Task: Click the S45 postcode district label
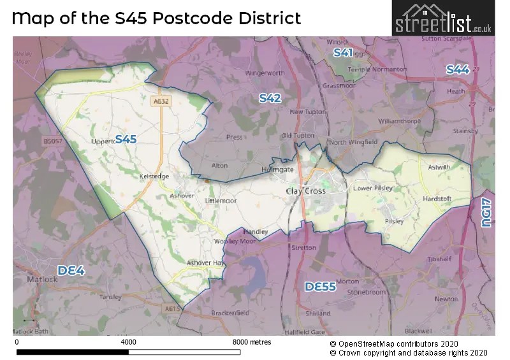pyautogui.click(x=126, y=139)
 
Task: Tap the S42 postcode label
pyautogui.click(x=270, y=98)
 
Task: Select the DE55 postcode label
pyautogui.click(x=320, y=287)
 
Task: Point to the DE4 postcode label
pyautogui.click(x=71, y=270)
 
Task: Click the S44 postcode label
pyautogui.click(x=458, y=69)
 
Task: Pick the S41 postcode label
pyautogui.click(x=343, y=52)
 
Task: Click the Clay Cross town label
pyautogui.click(x=306, y=191)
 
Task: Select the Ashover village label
pyautogui.click(x=182, y=196)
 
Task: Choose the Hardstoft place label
pyautogui.click(x=437, y=199)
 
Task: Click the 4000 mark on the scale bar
pyautogui.click(x=128, y=342)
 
